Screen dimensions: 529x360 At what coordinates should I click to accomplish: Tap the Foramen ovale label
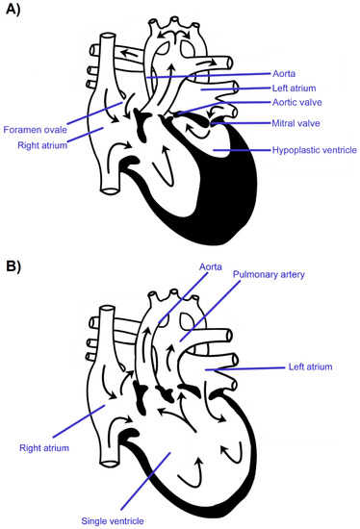(36, 131)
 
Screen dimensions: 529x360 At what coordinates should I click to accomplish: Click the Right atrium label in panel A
(40, 146)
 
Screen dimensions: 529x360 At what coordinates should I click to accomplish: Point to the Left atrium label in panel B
(324, 367)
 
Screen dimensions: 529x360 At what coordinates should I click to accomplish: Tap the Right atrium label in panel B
(44, 446)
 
